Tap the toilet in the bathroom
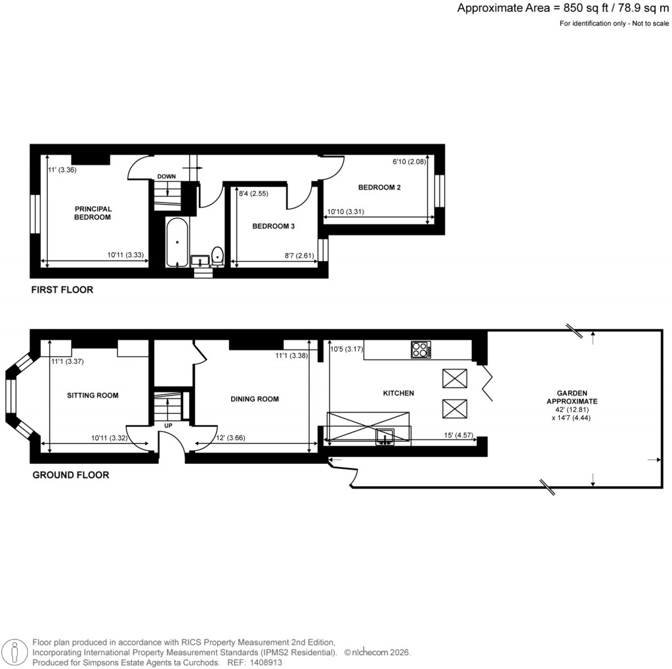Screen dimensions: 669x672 click(217, 256)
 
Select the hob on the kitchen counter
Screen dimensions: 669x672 click(421, 350)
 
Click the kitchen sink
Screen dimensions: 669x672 click(385, 436)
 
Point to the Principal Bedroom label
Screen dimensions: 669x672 click(93, 213)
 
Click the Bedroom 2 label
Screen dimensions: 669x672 click(379, 188)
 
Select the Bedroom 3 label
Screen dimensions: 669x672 click(274, 226)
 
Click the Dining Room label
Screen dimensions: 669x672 click(255, 399)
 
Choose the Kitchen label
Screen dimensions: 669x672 click(398, 394)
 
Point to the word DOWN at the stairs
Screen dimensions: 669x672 click(167, 176)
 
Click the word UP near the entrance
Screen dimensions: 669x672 click(168, 426)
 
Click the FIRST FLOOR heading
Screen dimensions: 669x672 click(62, 289)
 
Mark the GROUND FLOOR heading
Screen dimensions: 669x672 click(71, 475)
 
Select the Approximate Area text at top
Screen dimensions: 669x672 click(564, 9)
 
